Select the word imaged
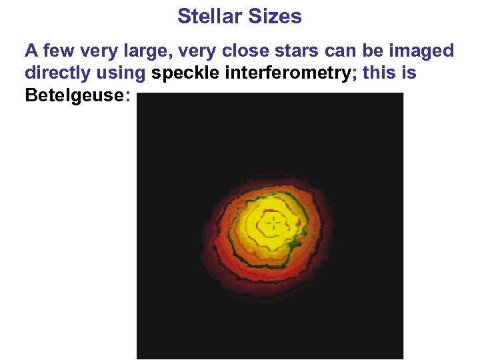tap(421, 51)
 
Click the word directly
tap(56, 73)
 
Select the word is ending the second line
tap(409, 73)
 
